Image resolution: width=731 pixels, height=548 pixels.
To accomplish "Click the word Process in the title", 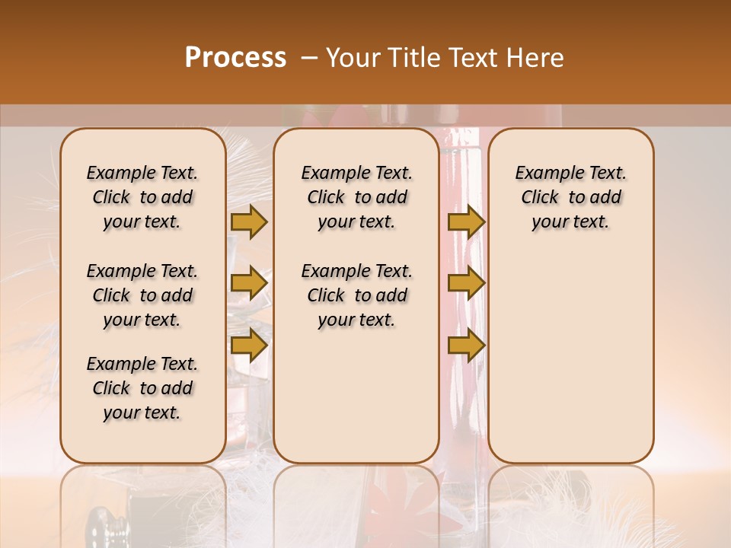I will (235, 58).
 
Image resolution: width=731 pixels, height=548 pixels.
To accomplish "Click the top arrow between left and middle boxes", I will (249, 221).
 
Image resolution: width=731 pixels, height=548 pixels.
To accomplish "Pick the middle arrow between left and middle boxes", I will (249, 283).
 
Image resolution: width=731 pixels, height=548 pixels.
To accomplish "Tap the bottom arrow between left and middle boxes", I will (249, 345).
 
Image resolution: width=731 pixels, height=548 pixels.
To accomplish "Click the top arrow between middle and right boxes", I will (466, 221).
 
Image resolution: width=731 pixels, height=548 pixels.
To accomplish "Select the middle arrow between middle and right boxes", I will (466, 283).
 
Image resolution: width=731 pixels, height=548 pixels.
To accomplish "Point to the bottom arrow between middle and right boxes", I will (466, 345).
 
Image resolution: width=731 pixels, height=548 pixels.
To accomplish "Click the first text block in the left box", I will (142, 197).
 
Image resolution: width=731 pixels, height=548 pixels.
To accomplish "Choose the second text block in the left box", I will (142, 295).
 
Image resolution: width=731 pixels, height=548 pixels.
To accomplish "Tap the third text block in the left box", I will (142, 388).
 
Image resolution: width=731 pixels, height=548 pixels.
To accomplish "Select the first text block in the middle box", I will (356, 197).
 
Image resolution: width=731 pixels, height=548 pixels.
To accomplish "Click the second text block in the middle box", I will (356, 295).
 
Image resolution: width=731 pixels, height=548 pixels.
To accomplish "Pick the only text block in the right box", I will (570, 197).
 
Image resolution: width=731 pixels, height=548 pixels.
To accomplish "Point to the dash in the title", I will (309, 59).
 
